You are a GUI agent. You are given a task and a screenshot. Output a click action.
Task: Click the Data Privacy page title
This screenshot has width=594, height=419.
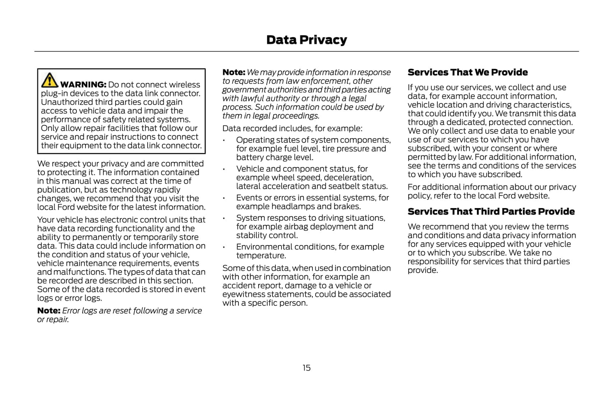point(306,40)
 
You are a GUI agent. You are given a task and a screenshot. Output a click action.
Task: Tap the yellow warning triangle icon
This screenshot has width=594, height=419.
point(49,80)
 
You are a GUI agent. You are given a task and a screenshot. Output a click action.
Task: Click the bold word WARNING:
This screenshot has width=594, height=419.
point(83,85)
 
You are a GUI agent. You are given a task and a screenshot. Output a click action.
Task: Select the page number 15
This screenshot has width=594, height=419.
point(307,368)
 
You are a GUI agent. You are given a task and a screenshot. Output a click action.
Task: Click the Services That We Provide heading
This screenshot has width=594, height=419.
point(467,72)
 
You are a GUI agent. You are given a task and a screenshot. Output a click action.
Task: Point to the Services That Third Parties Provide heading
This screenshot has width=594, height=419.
point(491,211)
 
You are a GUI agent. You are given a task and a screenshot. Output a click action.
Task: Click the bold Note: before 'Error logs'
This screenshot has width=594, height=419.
point(49,311)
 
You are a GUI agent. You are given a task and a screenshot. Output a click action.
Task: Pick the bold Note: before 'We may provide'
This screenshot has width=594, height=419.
point(233,72)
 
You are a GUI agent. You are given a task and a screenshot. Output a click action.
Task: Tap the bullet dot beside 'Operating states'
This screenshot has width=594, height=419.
point(224,141)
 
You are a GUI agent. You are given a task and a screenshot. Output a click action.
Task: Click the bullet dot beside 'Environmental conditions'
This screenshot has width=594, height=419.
point(224,248)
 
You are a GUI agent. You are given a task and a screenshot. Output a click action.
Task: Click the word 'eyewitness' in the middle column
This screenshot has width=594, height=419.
point(242,294)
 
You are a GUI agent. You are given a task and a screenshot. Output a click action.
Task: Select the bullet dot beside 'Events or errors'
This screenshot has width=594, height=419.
point(224,198)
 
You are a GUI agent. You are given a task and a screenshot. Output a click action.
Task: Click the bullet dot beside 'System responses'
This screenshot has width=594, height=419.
point(224,218)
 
